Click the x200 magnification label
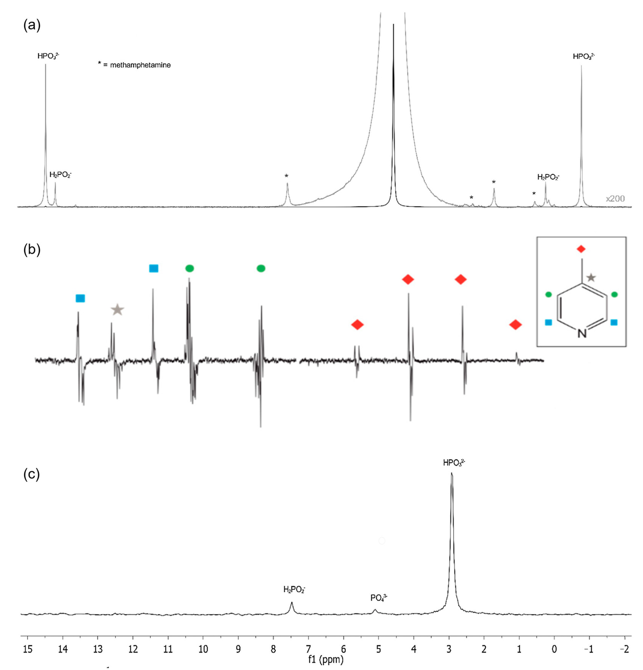click(615, 199)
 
